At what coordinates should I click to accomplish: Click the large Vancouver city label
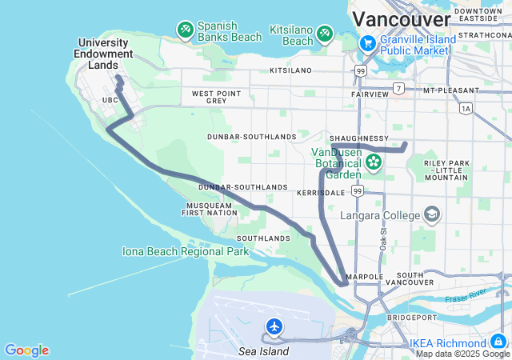click(402, 18)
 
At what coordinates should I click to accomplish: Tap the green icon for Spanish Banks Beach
click(186, 30)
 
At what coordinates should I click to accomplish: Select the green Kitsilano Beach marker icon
click(324, 33)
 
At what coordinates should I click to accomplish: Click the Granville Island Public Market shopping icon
click(368, 43)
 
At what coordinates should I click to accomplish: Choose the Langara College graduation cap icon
click(432, 214)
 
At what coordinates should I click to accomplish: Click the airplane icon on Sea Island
click(274, 326)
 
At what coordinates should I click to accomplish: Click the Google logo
click(26, 350)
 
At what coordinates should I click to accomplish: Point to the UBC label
click(110, 100)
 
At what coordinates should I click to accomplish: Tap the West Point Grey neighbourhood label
click(216, 98)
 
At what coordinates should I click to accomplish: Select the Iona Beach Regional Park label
click(186, 251)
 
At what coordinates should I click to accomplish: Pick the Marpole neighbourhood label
click(366, 277)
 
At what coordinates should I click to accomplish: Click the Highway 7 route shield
click(398, 87)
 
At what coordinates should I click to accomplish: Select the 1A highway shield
click(466, 107)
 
